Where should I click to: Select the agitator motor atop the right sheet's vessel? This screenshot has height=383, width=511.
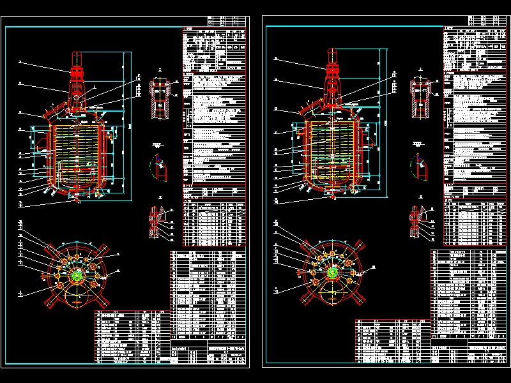coord(333,64)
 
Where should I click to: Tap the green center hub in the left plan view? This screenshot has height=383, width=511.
coord(77,275)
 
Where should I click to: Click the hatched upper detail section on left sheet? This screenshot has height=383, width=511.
coord(159,96)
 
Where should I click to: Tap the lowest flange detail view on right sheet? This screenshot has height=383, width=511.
coord(418,221)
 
